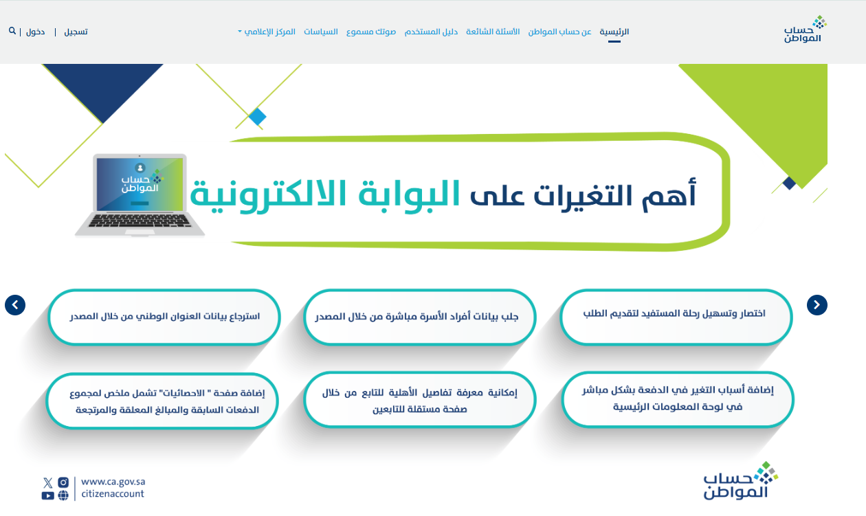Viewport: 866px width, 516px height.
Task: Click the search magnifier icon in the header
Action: (x=12, y=31)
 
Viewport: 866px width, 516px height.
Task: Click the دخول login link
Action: (x=35, y=32)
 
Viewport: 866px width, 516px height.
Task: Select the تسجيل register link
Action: (x=76, y=32)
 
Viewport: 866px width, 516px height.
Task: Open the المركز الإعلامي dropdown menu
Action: (x=267, y=32)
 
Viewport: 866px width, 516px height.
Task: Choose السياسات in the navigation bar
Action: (x=320, y=32)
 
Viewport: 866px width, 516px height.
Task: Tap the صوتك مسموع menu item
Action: (x=370, y=32)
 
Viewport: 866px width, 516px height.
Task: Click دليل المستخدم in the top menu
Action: (x=431, y=32)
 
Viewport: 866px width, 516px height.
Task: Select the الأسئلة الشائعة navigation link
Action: (x=493, y=32)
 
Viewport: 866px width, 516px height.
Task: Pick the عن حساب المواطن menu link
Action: (x=559, y=32)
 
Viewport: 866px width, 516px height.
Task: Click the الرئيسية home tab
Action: (x=614, y=32)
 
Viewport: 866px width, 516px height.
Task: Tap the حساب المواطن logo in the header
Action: (x=805, y=29)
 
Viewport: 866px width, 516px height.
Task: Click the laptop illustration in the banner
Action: (x=140, y=195)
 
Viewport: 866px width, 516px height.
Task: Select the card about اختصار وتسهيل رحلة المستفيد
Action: (x=676, y=317)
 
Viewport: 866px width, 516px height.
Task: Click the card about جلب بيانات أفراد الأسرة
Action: (x=419, y=317)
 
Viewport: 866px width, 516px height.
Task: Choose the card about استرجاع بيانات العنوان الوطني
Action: (x=164, y=317)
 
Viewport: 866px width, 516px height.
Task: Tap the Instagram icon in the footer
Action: (x=63, y=482)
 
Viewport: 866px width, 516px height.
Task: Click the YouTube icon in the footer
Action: (x=48, y=495)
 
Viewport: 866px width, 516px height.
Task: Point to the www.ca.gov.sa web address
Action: (x=113, y=482)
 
